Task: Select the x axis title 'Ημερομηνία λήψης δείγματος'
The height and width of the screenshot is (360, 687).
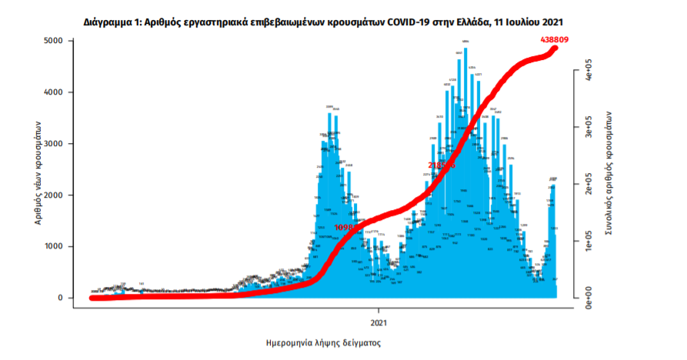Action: (324, 342)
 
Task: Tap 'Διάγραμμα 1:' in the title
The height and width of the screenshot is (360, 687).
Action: (112, 22)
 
